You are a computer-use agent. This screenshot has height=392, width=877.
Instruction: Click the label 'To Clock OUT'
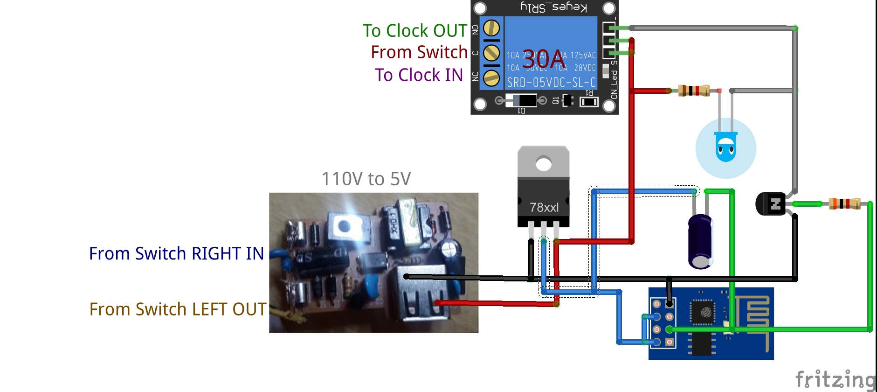point(414,31)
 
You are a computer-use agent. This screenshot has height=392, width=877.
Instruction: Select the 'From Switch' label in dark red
point(419,52)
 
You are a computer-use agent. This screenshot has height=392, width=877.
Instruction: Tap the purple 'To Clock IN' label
point(419,75)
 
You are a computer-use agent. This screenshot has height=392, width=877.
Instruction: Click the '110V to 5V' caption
point(366,179)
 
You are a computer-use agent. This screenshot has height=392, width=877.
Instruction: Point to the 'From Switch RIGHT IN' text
point(176,253)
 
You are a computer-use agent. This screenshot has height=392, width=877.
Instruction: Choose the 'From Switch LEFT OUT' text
point(177,309)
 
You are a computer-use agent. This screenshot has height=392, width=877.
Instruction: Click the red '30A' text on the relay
point(544,60)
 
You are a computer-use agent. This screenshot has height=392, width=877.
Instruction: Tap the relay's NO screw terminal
point(491,28)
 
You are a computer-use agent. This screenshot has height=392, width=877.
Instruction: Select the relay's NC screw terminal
point(491,78)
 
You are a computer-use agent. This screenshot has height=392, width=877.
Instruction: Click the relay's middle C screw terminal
point(491,53)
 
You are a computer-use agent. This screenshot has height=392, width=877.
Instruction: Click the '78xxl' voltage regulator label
point(544,207)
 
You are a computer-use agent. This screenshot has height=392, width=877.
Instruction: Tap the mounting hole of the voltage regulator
point(544,164)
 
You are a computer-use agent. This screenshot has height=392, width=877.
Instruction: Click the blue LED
point(725,147)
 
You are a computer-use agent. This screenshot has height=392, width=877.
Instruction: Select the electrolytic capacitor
point(700,241)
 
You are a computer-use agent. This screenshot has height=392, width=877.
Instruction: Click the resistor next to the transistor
point(844,204)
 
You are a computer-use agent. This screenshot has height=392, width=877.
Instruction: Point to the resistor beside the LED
point(694,91)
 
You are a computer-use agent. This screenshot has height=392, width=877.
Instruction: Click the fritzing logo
point(835,379)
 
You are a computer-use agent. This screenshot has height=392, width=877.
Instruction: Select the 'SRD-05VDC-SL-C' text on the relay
point(551,83)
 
